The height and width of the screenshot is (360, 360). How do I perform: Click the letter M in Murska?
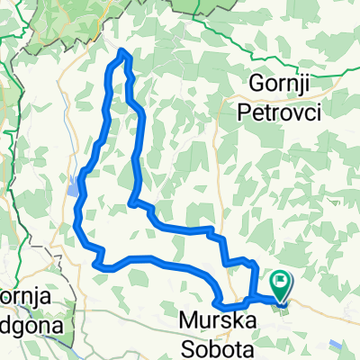pyautogui.click(x=187, y=319)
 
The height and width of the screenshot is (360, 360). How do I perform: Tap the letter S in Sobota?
pyautogui.click(x=187, y=343)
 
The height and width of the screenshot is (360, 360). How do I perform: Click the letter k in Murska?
pyautogui.click(x=231, y=319)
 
